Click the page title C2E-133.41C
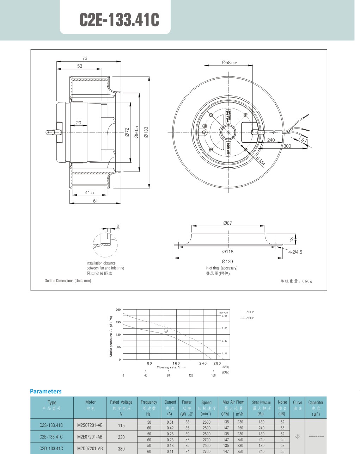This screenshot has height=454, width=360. [119, 20]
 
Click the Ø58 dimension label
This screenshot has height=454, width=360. [229, 63]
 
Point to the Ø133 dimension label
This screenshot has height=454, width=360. [146, 132]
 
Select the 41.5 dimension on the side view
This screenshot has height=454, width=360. [90, 193]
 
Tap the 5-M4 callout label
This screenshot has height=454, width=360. [260, 161]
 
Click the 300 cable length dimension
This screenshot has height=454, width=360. [287, 146]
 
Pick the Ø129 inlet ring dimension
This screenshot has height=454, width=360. [227, 261]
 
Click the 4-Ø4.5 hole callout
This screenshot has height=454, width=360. [295, 252]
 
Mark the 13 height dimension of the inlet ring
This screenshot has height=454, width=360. [292, 240]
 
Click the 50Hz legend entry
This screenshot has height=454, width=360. [250, 312]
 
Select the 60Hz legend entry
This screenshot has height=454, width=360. [250, 318]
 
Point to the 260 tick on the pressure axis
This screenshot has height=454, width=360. [118, 310]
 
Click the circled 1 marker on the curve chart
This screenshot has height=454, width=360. [166, 331]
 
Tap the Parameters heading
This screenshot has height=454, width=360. [46, 391]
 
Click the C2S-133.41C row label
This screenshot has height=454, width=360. [51, 425]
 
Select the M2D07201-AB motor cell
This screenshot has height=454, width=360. [90, 448]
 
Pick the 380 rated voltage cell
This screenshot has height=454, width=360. [121, 449]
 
